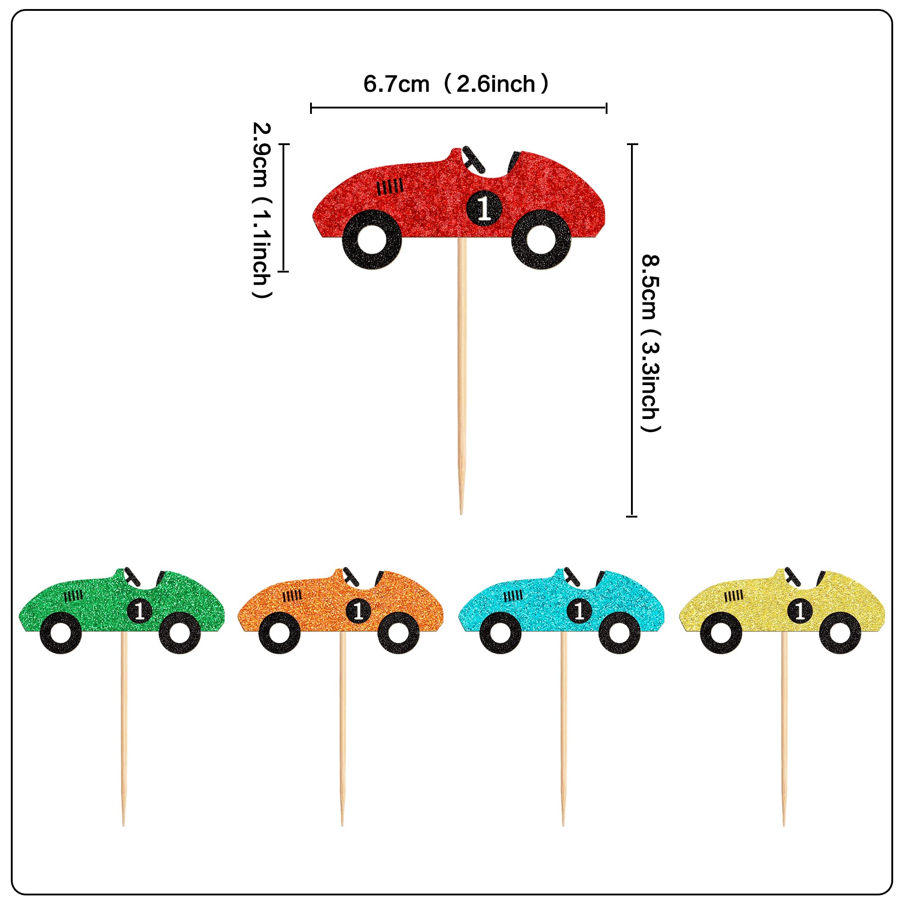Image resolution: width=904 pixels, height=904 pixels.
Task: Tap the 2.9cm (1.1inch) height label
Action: (x=262, y=209)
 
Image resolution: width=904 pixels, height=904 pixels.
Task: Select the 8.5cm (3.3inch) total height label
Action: (x=650, y=343)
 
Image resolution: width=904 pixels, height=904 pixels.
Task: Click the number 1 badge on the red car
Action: (x=484, y=207)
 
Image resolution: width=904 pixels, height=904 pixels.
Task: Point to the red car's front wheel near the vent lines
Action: (x=372, y=240)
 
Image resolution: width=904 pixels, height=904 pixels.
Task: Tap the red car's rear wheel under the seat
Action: (x=541, y=240)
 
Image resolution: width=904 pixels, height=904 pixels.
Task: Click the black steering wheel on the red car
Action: (x=474, y=159)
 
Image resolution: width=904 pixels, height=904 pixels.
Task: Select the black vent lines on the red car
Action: (x=390, y=187)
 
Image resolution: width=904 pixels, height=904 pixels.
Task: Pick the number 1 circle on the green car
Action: (x=139, y=611)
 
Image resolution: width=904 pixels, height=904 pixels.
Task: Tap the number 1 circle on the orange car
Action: (x=358, y=611)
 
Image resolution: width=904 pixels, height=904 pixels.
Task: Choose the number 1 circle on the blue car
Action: (x=579, y=611)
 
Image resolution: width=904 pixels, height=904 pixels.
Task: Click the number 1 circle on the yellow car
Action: (x=800, y=611)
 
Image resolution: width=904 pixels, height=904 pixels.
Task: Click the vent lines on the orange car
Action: (x=292, y=596)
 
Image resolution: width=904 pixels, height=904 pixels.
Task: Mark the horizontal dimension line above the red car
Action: (x=458, y=108)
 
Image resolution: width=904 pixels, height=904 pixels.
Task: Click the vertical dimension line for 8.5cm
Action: (x=632, y=330)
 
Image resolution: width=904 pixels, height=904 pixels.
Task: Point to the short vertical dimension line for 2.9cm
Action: (x=283, y=207)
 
